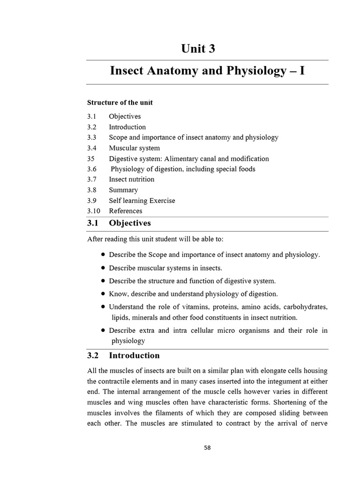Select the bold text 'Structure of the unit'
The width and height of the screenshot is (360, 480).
[x=120, y=103]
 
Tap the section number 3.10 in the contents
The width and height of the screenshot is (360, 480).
[x=94, y=211]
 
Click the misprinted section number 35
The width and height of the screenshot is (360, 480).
[x=91, y=158]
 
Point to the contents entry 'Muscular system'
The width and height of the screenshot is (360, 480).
[x=134, y=148]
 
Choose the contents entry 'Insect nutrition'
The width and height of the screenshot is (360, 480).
[x=131, y=179]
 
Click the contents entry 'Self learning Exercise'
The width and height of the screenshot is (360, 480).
[x=142, y=201]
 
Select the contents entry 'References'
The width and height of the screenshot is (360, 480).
[x=126, y=211]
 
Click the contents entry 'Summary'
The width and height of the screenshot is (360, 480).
[x=123, y=190]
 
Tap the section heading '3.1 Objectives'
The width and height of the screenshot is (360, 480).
[x=119, y=223]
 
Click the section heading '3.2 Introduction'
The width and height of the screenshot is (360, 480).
[x=123, y=355]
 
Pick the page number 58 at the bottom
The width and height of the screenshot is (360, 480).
[x=207, y=448]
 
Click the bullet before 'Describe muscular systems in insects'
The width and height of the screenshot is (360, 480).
[x=103, y=268]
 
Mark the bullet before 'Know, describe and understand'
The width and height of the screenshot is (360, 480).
[x=103, y=293]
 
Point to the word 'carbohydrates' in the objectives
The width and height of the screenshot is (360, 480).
[x=306, y=307]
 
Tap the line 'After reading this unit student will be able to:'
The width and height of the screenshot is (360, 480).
[x=155, y=239]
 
